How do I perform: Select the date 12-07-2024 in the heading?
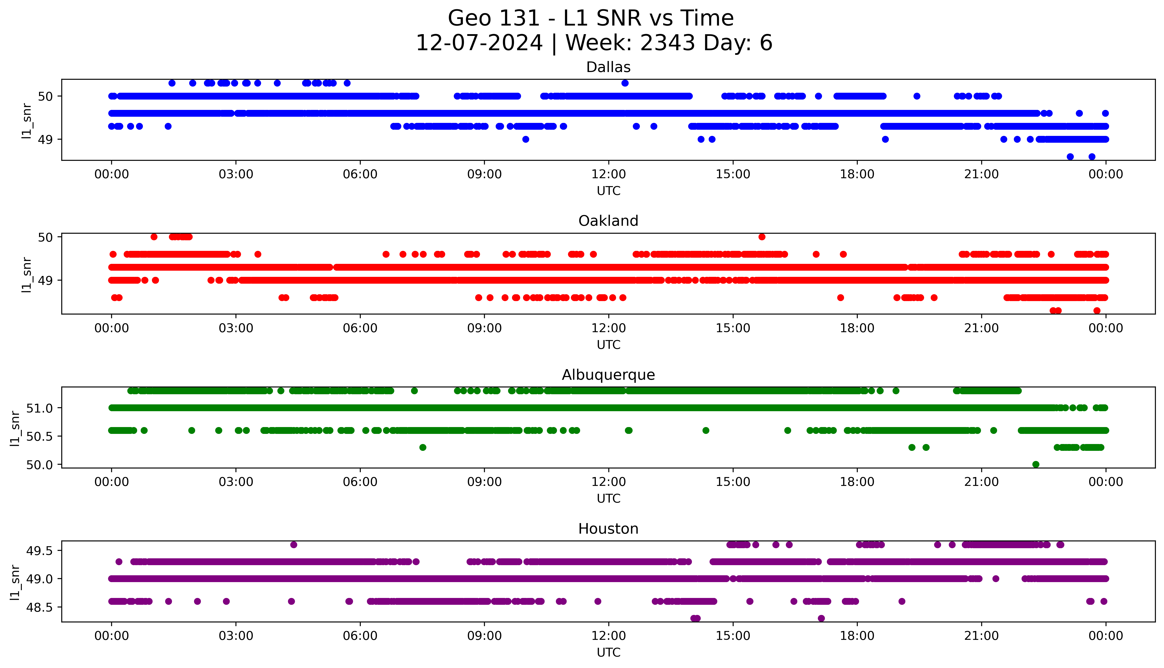479,43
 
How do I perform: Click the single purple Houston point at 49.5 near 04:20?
294,545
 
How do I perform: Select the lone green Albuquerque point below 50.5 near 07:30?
423,447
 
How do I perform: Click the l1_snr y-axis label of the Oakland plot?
27,274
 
